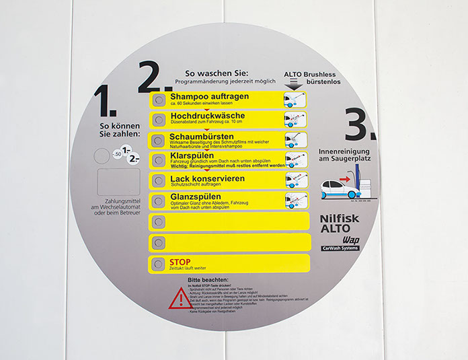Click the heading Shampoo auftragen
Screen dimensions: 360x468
click(x=209, y=96)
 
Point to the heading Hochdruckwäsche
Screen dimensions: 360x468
click(x=207, y=116)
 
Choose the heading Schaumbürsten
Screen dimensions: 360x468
click(x=202, y=137)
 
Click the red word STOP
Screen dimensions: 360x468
click(x=180, y=261)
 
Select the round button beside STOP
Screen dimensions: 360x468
click(x=158, y=263)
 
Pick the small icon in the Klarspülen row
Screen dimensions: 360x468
click(x=296, y=160)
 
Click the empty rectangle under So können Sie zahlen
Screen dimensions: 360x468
click(x=118, y=182)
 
